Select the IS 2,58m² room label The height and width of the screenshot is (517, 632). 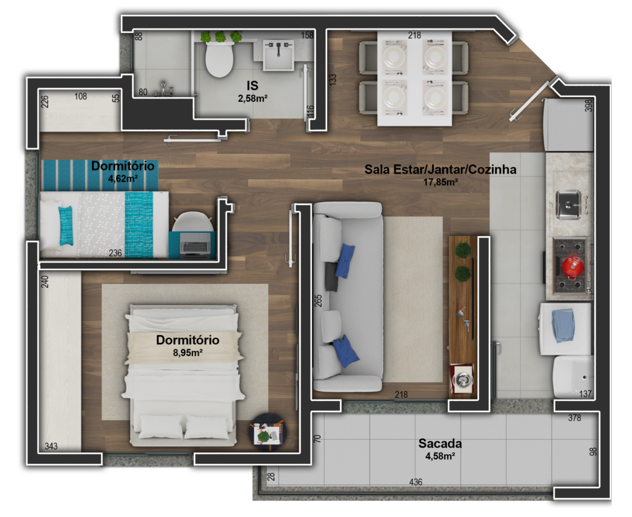click(252, 90)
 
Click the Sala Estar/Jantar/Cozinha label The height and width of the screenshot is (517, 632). click(440, 174)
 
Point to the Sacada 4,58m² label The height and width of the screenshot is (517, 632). click(440, 449)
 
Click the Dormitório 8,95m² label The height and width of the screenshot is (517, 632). click(188, 345)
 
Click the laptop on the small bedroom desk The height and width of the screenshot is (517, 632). click(195, 246)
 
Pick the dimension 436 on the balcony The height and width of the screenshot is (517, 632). click(415, 482)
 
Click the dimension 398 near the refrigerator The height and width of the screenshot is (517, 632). click(588, 106)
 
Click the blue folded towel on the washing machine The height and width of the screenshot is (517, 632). click(562, 325)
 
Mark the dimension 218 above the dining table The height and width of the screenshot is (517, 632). click(414, 36)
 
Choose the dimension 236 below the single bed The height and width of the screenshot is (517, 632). click(115, 253)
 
